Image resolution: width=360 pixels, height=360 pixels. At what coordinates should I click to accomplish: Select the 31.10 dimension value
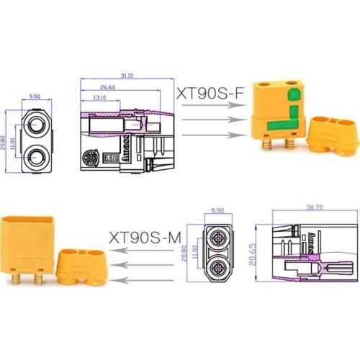[127, 76]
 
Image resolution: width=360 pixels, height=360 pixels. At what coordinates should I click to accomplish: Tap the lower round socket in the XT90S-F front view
[36, 156]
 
